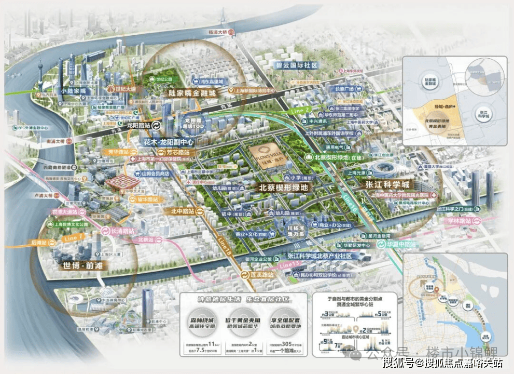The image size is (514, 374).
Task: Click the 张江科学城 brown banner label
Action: point(387,185)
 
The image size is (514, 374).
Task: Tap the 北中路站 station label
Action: point(182,211)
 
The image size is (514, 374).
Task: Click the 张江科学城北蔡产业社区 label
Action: point(320,256)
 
